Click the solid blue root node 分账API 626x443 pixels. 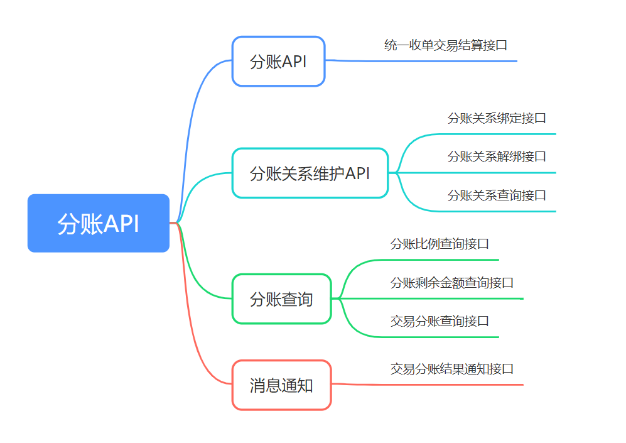pos(98,223)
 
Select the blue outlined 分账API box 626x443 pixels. pos(279,61)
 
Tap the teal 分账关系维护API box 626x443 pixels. pos(310,173)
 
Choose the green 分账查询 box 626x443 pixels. pos(282,299)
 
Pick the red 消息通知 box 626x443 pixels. pos(282,385)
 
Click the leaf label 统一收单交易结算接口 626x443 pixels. pos(446,45)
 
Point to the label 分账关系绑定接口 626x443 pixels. pos(497,118)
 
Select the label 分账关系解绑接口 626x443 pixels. pos(497,156)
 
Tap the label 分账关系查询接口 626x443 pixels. pos(497,195)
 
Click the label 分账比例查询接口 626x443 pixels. pos(440,244)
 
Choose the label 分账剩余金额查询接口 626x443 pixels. pos(452,283)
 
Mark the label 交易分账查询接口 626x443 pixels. pos(440,321)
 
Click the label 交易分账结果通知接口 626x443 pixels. pos(452,369)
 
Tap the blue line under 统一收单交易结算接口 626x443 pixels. pos(421,61)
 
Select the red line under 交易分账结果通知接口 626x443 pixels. pos(427,385)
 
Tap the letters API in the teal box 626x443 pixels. pos(358,173)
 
